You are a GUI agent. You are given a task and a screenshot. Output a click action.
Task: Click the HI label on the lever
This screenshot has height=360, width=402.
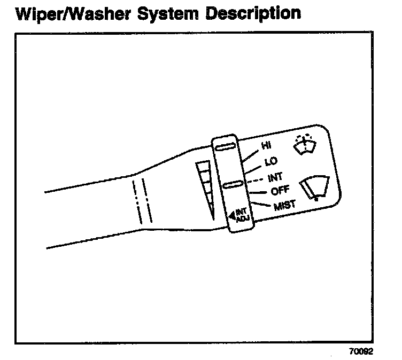click(x=266, y=145)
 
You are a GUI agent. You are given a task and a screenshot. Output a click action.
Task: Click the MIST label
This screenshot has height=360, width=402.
click(x=284, y=205)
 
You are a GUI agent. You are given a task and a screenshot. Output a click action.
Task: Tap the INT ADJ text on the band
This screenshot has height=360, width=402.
click(x=242, y=215)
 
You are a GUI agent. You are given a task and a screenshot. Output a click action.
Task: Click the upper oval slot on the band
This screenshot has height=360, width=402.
click(x=226, y=147)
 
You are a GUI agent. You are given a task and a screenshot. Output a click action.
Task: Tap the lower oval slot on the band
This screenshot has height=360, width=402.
click(x=234, y=185)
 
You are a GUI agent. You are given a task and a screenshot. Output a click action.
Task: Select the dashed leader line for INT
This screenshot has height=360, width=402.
click(x=256, y=179)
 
